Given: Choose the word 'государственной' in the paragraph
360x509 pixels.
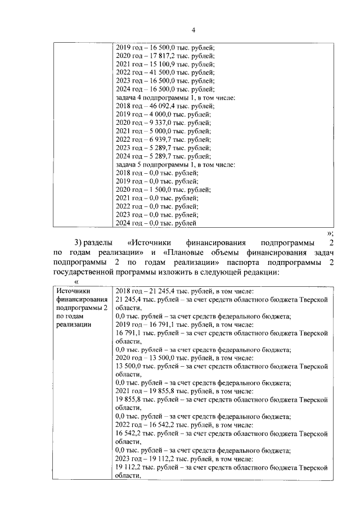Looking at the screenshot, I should pyautogui.click(x=85, y=273).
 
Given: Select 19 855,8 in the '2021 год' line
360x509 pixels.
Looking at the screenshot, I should pyautogui.click(x=164, y=391).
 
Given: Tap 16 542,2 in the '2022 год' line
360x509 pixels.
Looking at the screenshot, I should pyautogui.click(x=164, y=425).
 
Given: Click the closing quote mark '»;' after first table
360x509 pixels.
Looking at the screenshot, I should pyautogui.click(x=330, y=232).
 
